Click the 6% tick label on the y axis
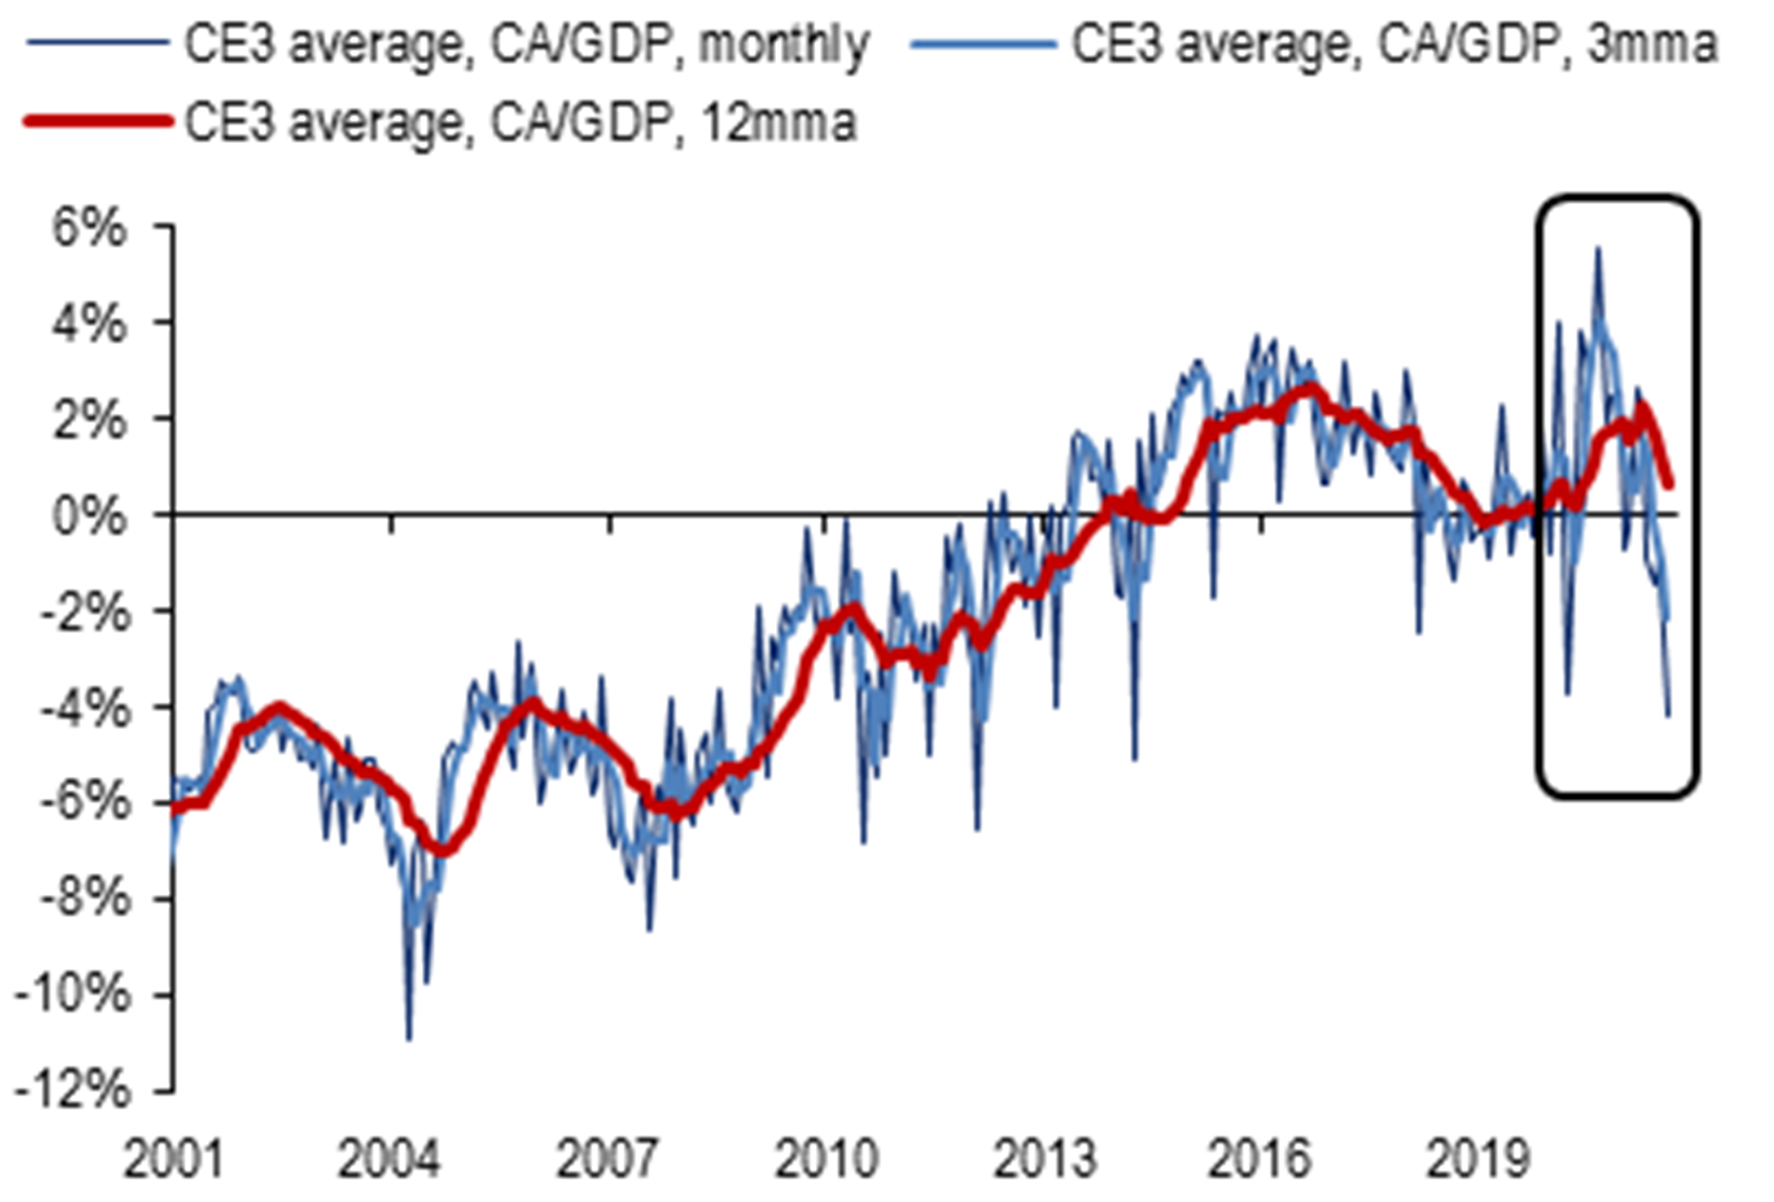88,230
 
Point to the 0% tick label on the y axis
88,518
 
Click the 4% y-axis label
88,325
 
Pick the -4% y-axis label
80,708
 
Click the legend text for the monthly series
526,44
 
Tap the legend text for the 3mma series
1395,44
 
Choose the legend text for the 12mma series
520,122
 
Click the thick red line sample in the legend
97,121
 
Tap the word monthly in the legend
784,44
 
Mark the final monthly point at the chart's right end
1668,715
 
